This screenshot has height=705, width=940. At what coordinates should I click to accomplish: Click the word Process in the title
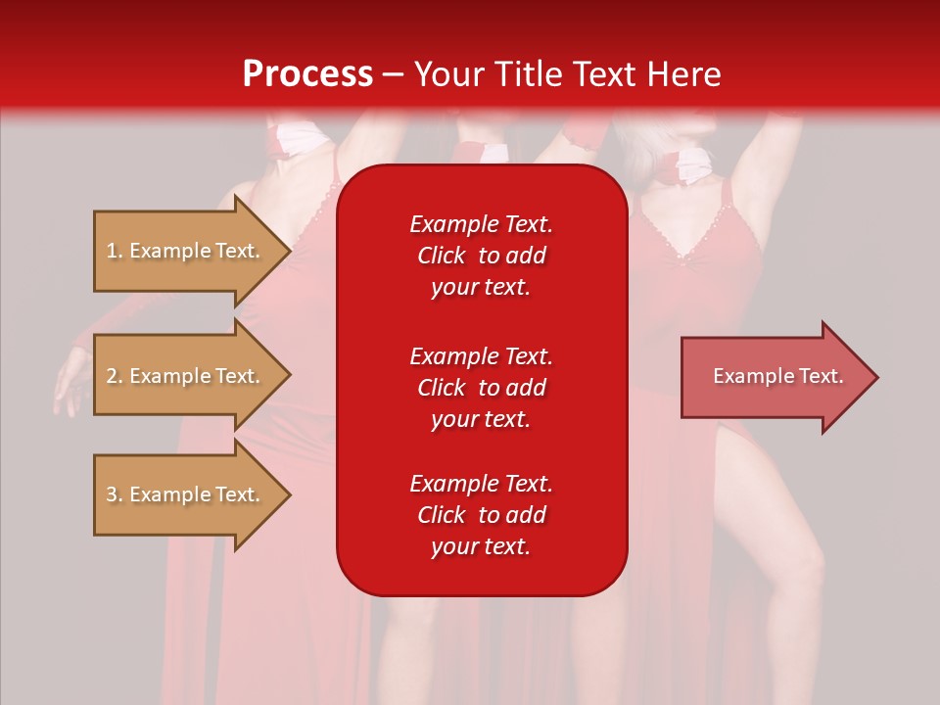(x=307, y=74)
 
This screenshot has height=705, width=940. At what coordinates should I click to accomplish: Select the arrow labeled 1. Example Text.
(x=186, y=251)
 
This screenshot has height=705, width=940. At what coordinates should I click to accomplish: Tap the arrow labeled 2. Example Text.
(x=186, y=376)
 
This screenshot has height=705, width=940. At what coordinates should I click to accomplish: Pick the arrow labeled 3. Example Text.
(x=186, y=494)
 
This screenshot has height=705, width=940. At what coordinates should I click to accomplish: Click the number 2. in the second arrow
(x=115, y=376)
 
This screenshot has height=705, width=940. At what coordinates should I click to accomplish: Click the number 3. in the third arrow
(x=115, y=494)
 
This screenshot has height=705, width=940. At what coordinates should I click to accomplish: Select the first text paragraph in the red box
(x=481, y=256)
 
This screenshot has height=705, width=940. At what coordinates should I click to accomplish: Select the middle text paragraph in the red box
(x=481, y=387)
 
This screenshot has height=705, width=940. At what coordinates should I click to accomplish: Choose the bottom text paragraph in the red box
(x=481, y=515)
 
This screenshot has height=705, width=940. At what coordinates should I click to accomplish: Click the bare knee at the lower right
(x=809, y=563)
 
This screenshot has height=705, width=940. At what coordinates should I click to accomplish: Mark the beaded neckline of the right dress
(x=695, y=235)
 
